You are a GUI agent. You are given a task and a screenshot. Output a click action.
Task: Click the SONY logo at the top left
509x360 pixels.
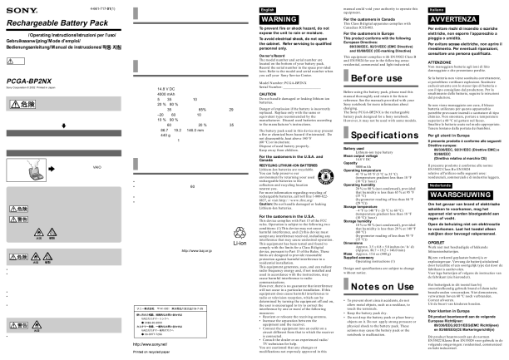[19, 9]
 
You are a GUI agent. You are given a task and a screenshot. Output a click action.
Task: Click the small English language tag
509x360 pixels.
[268, 7]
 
